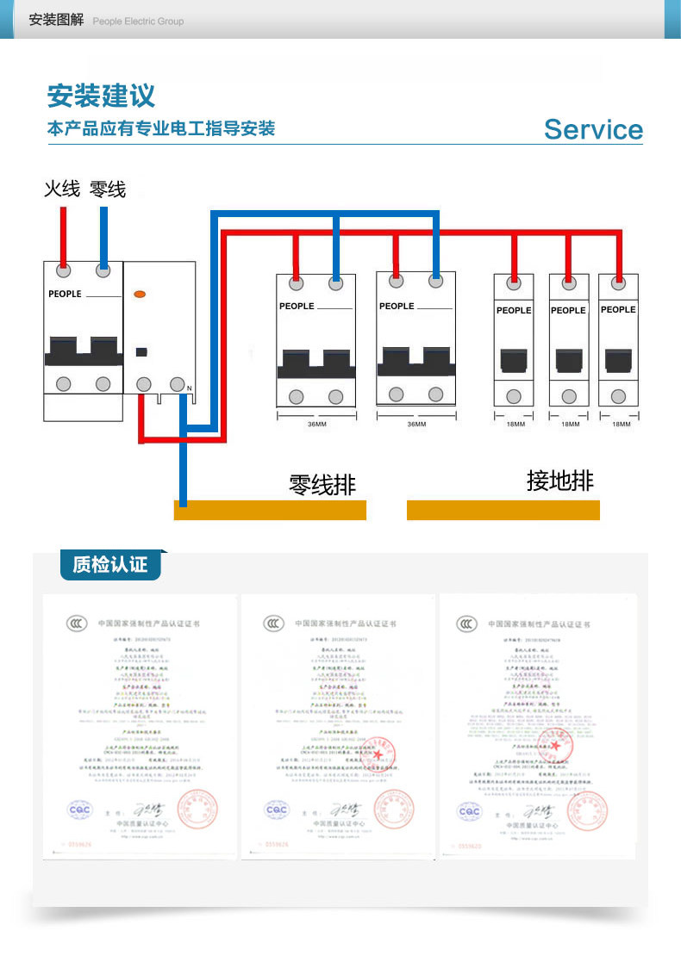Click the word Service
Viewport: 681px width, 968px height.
click(593, 129)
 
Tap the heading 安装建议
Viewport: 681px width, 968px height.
click(102, 94)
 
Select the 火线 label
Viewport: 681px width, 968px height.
click(62, 188)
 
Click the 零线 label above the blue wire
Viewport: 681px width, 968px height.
click(107, 188)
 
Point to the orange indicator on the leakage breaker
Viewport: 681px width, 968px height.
click(140, 294)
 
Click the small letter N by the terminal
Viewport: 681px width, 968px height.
click(190, 388)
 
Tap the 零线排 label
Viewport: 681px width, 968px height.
click(322, 484)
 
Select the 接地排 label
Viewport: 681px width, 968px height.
click(560, 481)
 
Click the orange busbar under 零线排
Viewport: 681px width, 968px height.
click(270, 510)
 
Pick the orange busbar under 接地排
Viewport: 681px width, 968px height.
click(503, 510)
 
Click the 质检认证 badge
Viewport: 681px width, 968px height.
click(110, 564)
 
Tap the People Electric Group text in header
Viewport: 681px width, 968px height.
click(138, 22)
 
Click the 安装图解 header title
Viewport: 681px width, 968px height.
click(56, 20)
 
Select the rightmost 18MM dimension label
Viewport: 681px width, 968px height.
click(621, 425)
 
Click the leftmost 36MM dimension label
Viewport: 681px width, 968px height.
click(316, 425)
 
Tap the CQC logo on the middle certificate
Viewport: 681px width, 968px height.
click(277, 810)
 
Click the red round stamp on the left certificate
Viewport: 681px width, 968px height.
click(199, 810)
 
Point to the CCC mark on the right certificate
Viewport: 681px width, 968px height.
click(466, 623)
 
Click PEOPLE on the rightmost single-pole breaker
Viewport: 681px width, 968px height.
click(618, 309)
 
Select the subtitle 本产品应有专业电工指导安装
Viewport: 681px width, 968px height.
click(161, 129)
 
